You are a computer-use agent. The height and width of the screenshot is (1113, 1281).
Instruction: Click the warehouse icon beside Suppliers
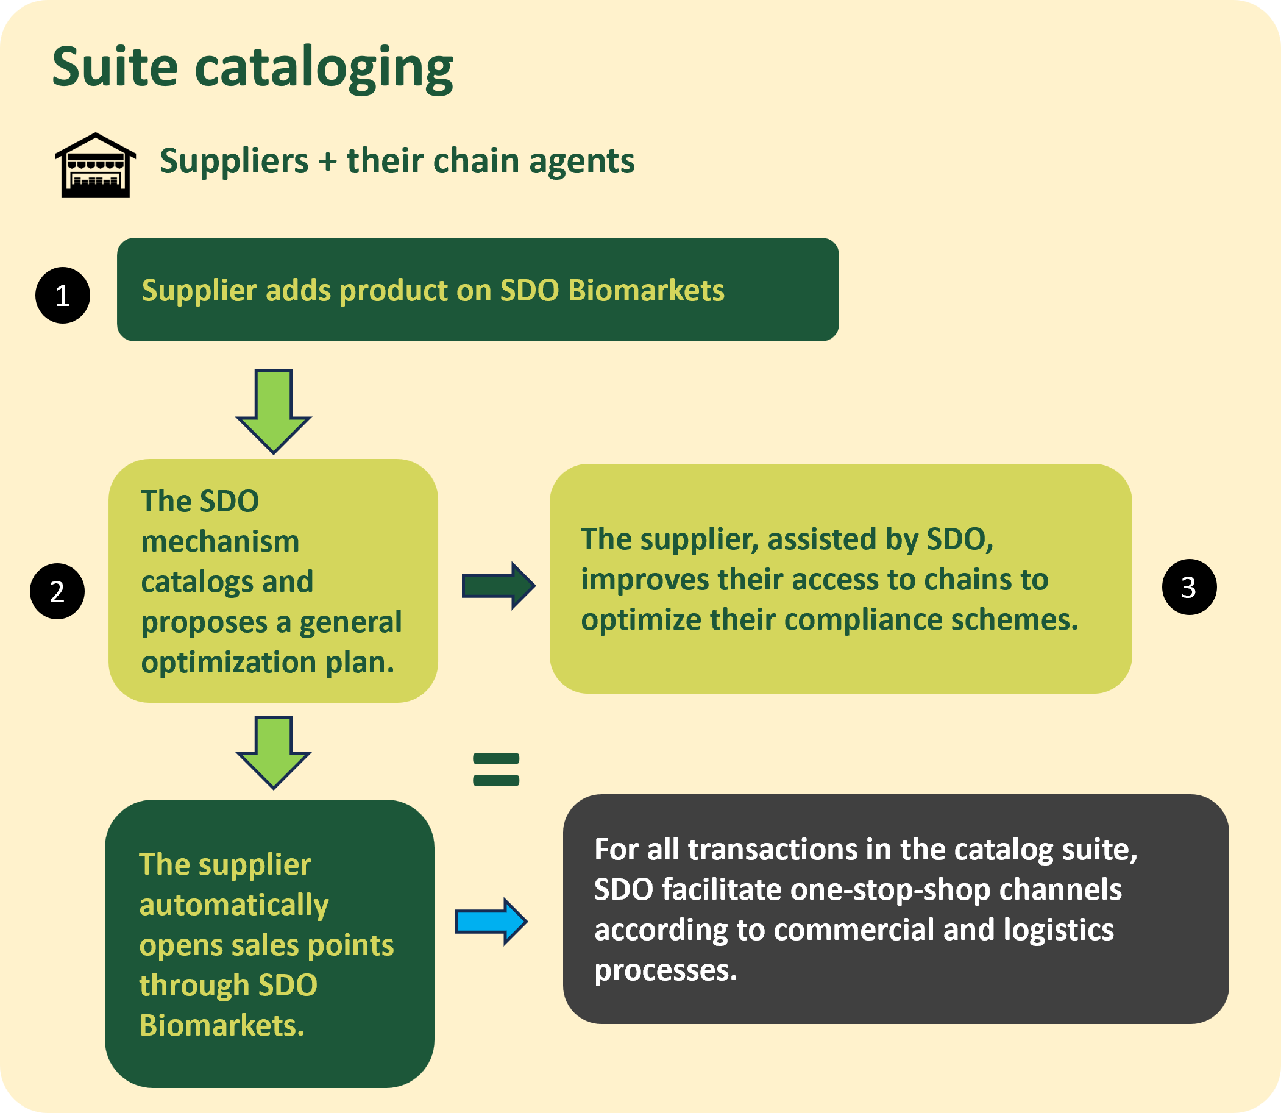tap(96, 165)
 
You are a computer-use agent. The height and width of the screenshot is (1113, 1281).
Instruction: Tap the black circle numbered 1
tap(63, 295)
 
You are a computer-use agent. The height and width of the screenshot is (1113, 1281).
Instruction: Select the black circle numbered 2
tap(57, 591)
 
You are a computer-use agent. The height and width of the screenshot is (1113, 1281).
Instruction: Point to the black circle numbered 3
tap(1189, 587)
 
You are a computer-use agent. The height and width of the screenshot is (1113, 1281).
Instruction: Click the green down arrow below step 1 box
tap(273, 411)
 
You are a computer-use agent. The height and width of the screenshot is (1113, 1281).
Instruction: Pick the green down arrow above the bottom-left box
tap(273, 752)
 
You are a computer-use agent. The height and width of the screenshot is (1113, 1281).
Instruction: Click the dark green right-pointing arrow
tap(499, 586)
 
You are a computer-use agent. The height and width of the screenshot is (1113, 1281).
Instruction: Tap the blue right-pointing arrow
tap(491, 922)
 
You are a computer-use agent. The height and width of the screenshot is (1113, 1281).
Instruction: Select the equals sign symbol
tap(496, 770)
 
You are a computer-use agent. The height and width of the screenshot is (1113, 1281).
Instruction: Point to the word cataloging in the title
tap(324, 70)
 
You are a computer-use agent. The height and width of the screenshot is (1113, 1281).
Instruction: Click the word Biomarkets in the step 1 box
tap(647, 291)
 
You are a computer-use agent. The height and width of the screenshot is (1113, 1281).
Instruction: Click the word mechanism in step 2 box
tap(221, 542)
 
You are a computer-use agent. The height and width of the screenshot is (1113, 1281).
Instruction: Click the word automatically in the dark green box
tap(234, 906)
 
